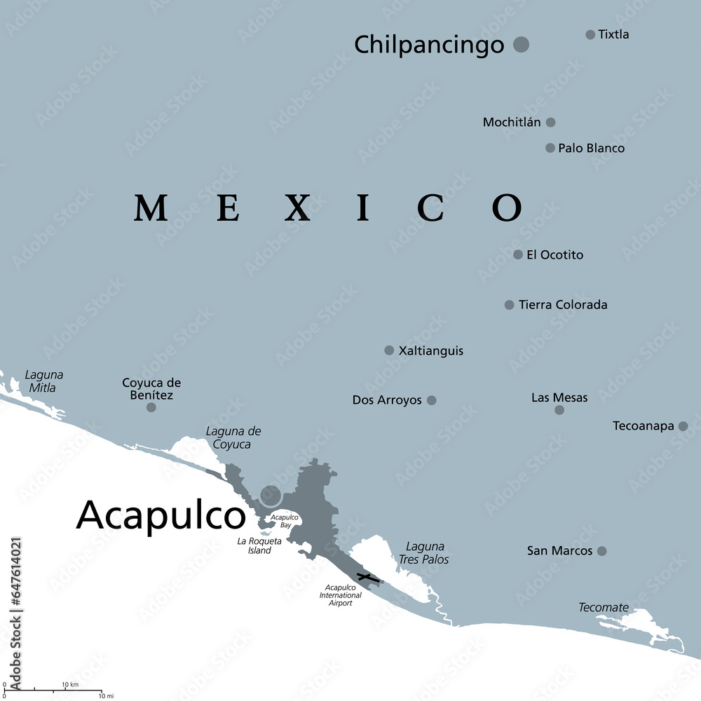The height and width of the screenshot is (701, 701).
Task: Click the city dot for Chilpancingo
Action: pyautogui.click(x=521, y=45)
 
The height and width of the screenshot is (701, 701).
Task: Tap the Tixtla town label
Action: pyautogui.click(x=613, y=34)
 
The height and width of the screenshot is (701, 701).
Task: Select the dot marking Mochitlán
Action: pyautogui.click(x=551, y=122)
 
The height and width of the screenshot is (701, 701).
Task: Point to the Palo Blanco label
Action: pyautogui.click(x=591, y=149)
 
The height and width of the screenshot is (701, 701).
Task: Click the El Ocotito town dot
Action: pyautogui.click(x=518, y=254)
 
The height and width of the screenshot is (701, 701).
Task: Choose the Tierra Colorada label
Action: pyautogui.click(x=563, y=305)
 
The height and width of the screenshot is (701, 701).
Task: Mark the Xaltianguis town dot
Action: pyautogui.click(x=389, y=350)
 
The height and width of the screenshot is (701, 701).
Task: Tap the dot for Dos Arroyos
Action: pyautogui.click(x=432, y=400)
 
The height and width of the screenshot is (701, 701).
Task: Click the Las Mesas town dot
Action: pyautogui.click(x=559, y=410)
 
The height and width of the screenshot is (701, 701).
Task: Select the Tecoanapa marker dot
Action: pyautogui.click(x=683, y=426)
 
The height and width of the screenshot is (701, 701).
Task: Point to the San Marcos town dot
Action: pyautogui.click(x=601, y=551)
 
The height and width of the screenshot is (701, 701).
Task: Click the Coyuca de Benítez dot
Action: pyautogui.click(x=151, y=407)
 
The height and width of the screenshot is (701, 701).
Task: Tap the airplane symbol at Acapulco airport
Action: pyautogui.click(x=365, y=578)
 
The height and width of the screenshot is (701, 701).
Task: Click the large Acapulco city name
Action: pyautogui.click(x=161, y=515)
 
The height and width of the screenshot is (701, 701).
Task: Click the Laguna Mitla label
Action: pyautogui.click(x=43, y=381)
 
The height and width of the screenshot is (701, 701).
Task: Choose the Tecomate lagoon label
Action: pyautogui.click(x=603, y=608)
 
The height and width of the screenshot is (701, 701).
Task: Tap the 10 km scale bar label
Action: pyautogui.click(x=69, y=684)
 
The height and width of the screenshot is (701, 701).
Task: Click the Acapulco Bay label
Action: pyautogui.click(x=285, y=521)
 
